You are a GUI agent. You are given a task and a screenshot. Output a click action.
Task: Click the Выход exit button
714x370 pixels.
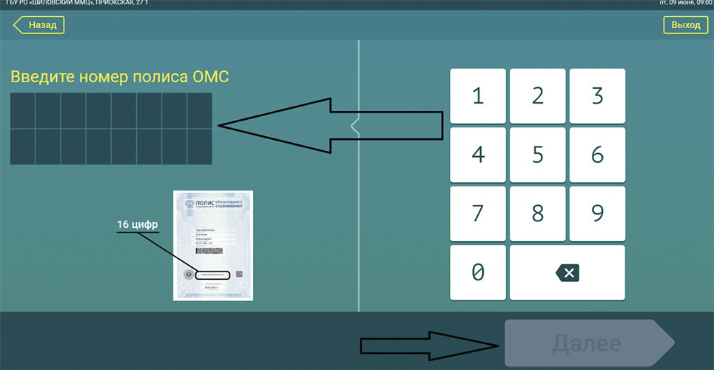685,25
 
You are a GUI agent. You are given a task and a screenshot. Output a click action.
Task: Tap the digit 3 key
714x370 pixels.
597,96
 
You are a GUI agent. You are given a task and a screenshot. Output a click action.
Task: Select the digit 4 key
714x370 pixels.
478,155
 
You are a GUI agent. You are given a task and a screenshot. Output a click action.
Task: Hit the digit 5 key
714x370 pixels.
538,155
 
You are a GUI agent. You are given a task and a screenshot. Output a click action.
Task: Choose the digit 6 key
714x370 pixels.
597,155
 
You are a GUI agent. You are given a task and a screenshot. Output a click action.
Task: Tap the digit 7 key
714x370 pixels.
478,213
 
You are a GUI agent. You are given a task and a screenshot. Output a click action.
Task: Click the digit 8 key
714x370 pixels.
538,213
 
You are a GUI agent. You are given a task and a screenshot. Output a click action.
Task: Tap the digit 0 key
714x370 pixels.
478,272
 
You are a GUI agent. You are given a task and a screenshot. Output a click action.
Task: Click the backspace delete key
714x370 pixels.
568,272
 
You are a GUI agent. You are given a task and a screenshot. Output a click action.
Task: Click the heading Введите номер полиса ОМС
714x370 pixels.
119,77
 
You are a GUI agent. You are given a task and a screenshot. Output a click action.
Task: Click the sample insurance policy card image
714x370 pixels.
213,245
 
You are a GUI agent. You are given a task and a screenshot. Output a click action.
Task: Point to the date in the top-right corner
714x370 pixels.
684,4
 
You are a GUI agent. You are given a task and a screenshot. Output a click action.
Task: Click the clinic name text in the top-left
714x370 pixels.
74,4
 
